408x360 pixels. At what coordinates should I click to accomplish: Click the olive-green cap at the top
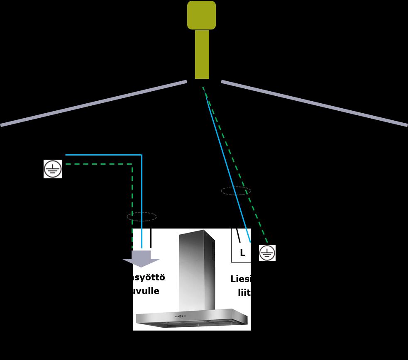pos(201,15)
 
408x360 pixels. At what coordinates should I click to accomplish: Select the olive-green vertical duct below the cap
pos(202,54)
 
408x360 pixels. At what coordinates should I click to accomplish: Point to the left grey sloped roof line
pos(93,103)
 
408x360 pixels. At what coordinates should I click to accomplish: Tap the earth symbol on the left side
pos(53,169)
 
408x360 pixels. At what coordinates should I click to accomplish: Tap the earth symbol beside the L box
pos(267,253)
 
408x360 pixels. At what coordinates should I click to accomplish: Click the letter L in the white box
pos(242,253)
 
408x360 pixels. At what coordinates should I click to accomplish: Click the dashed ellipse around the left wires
pos(142,216)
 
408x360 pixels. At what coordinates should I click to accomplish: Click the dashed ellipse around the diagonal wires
pos(236,191)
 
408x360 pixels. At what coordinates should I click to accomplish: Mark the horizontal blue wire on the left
pos(104,155)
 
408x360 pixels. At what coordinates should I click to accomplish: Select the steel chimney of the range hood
pos(197,270)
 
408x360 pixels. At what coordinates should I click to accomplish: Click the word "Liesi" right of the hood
pos(240,279)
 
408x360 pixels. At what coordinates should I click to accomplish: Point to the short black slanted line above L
pos(238,236)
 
